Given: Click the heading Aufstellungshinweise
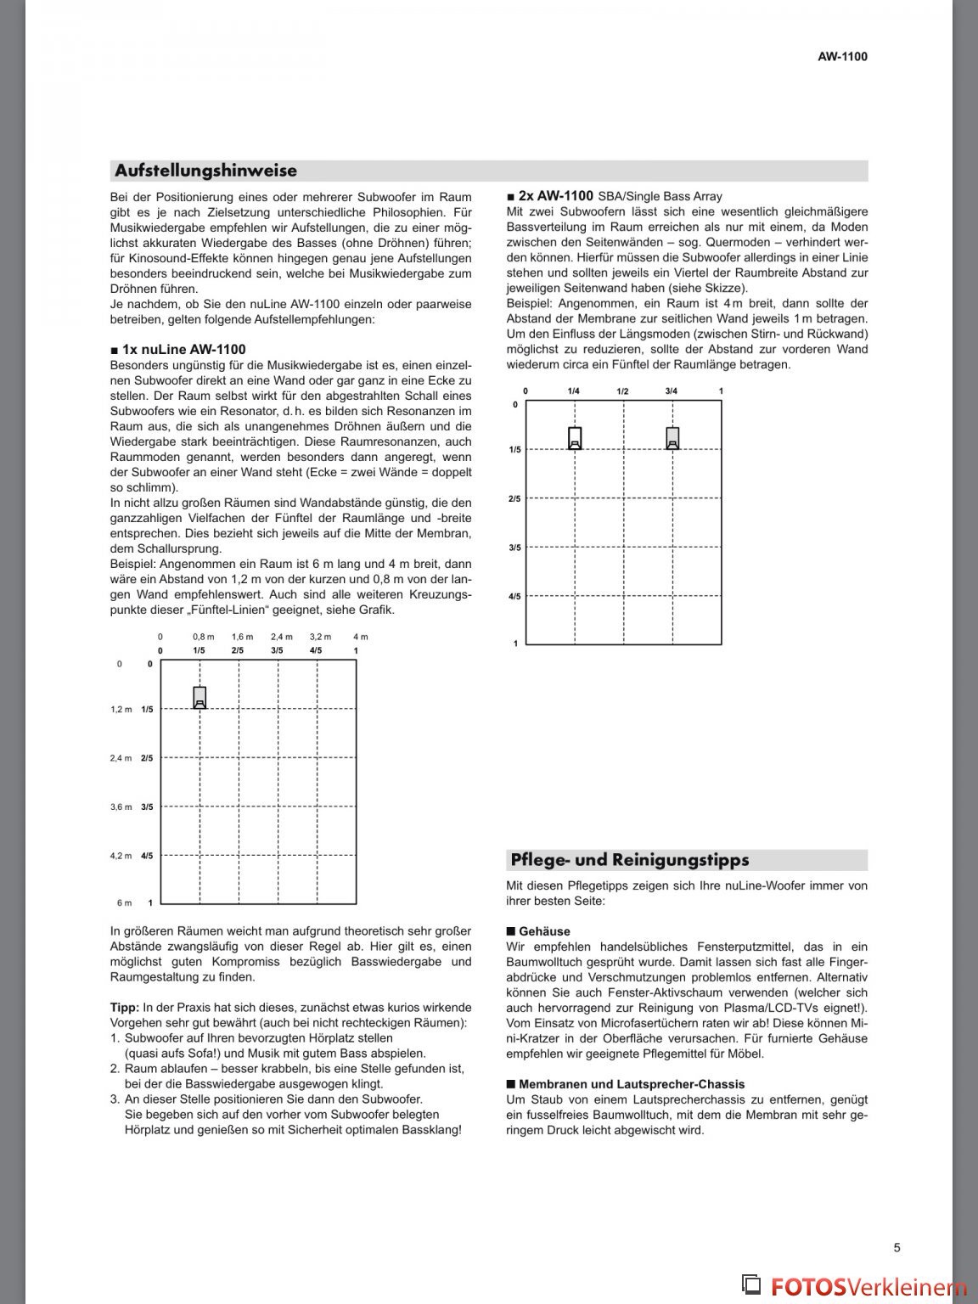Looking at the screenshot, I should point(206,171).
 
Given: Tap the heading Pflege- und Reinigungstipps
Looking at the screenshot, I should point(629,860).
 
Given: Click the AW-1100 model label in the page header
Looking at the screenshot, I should point(842,57).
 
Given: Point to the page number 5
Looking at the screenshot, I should point(896,1247).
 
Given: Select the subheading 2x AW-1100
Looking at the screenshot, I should point(555,195).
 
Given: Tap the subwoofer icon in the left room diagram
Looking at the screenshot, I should point(200,697).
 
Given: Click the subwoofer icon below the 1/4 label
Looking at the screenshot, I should point(575,437).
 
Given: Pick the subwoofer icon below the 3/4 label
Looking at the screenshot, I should point(672,437).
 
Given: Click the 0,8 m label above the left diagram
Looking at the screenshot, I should point(203,636).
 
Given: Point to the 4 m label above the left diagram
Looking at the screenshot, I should point(360,636).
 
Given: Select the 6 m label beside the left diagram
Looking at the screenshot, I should point(124,902).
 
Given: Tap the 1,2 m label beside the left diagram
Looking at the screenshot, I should point(121,709).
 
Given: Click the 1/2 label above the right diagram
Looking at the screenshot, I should point(622,391).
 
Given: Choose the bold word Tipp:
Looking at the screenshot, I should point(125,1008).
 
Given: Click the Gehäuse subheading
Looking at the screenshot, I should point(544,931).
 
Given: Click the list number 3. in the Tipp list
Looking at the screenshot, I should point(115,1099).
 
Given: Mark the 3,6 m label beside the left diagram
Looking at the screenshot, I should point(121,807).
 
